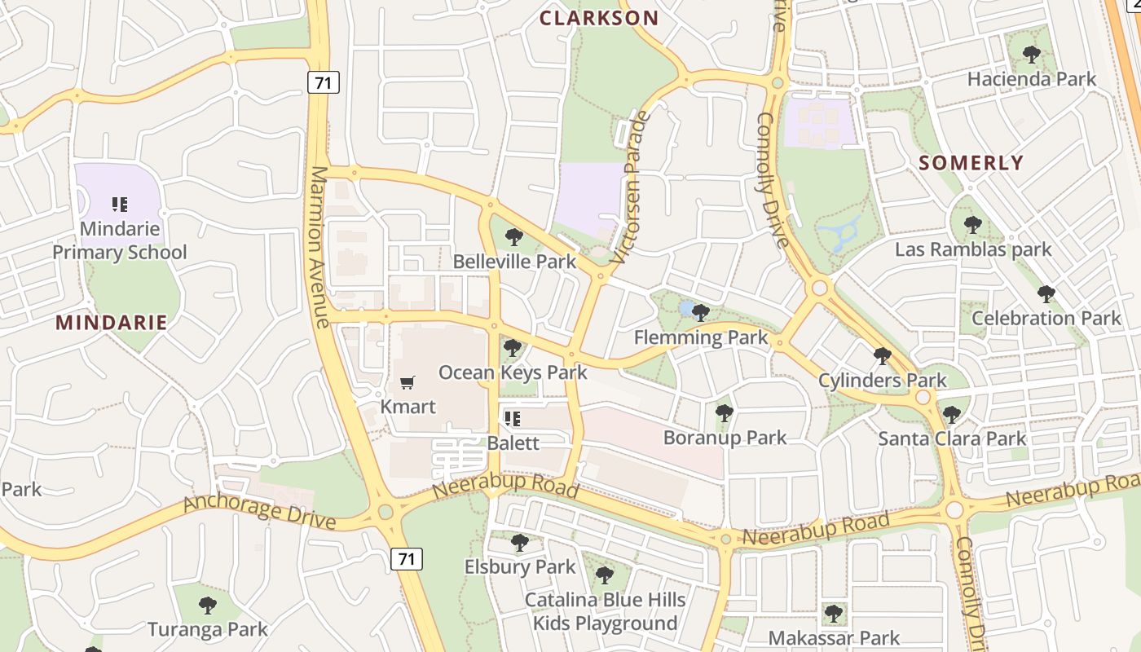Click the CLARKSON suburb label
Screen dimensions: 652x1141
coord(599,18)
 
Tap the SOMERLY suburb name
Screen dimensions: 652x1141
coord(971,163)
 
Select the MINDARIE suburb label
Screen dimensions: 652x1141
coord(112,323)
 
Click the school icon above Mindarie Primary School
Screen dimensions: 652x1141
coord(120,204)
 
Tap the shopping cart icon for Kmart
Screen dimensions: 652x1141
coord(407,382)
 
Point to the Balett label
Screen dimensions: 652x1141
coord(513,443)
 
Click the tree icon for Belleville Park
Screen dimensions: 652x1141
coord(513,237)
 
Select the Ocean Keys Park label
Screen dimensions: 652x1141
coord(513,373)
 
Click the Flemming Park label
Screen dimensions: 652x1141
coord(701,337)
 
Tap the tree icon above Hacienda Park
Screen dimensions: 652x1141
coord(1031,55)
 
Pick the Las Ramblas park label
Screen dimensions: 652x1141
coord(973,249)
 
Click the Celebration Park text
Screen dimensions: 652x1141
coord(1046,318)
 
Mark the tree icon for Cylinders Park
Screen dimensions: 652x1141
coord(882,355)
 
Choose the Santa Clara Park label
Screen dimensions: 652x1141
coord(952,438)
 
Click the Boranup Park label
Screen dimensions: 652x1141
coord(725,438)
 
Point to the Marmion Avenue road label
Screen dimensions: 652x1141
coord(319,247)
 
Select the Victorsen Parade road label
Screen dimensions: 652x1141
coord(632,187)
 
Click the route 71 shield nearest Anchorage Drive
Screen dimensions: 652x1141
coord(407,559)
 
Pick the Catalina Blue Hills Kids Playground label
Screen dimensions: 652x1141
coord(605,612)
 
